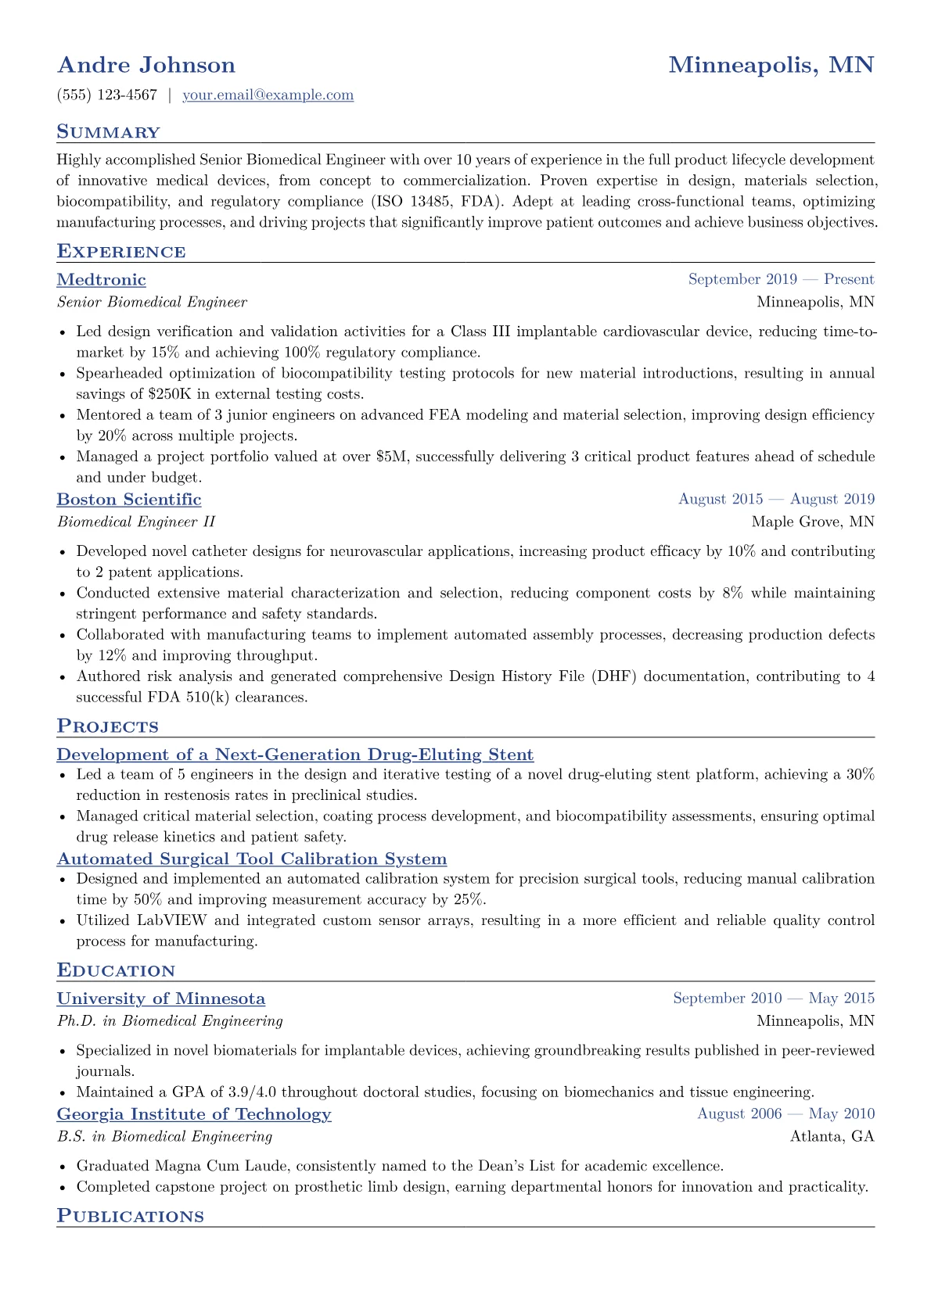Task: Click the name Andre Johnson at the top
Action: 146,65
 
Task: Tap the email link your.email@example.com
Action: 268,95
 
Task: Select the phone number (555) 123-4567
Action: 107,95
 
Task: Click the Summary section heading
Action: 108,132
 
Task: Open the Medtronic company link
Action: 102,280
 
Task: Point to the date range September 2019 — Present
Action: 781,279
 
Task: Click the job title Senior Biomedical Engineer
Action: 152,302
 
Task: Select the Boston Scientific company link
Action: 129,500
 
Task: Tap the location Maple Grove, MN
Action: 813,522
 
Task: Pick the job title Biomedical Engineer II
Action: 136,522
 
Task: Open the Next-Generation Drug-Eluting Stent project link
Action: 295,755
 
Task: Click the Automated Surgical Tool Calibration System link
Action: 252,859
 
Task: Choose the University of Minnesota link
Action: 161,999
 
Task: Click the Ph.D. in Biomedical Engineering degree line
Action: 170,1020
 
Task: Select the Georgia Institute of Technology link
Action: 194,1114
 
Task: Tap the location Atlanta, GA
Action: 832,1136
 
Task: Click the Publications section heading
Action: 130,1217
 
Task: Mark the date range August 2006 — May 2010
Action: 785,1113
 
